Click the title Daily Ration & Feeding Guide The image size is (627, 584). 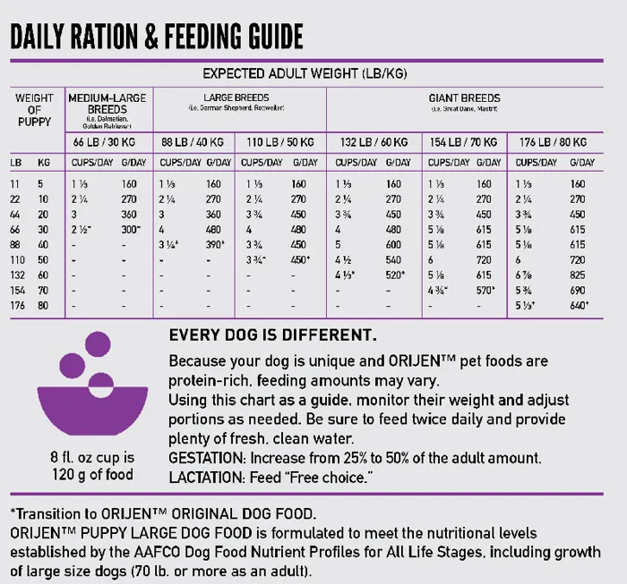pos(157,37)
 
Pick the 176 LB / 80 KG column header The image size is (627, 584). pos(556,142)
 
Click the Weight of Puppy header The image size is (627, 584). pos(34,109)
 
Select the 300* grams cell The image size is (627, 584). pos(132,230)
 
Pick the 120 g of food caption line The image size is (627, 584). pos(90,474)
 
